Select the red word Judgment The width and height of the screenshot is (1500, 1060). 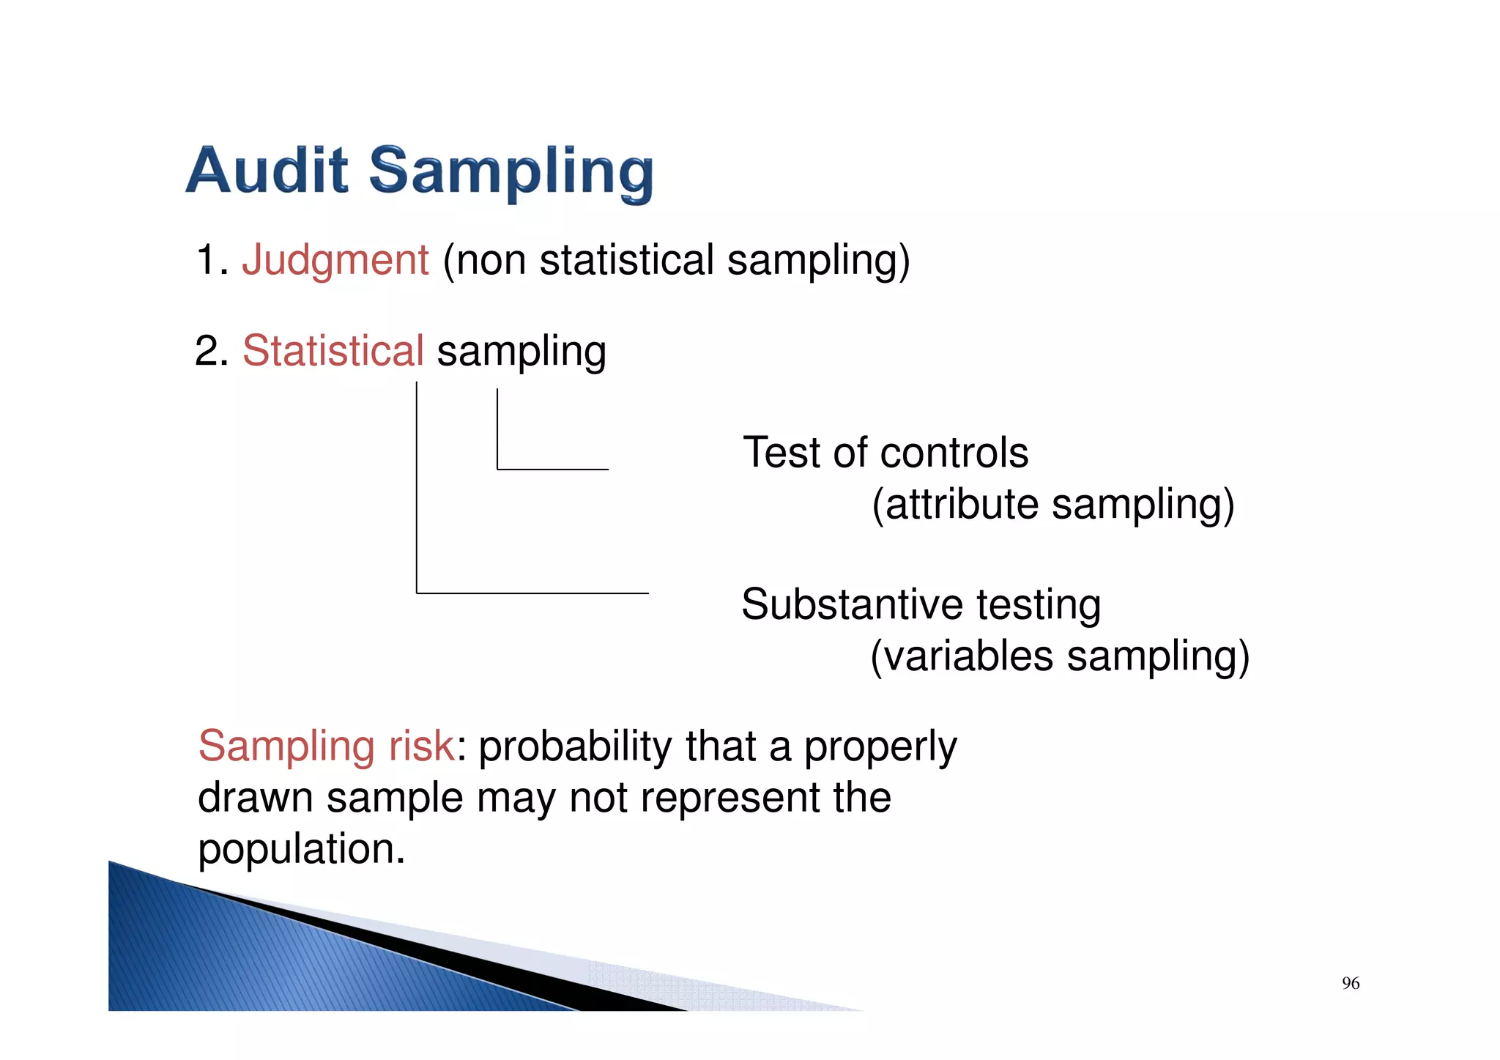(x=335, y=260)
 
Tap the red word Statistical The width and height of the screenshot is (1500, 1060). (x=333, y=350)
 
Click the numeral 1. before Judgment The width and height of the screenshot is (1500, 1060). (x=212, y=260)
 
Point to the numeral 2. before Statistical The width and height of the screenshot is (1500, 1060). (x=212, y=351)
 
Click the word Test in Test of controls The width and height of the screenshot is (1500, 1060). (x=781, y=453)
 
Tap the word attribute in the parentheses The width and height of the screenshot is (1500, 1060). (x=961, y=505)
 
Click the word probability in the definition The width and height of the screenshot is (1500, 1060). (x=574, y=747)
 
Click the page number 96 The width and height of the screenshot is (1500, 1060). (x=1350, y=983)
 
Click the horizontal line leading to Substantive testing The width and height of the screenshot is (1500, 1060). (x=532, y=593)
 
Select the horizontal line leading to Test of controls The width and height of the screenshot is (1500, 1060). (x=553, y=469)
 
